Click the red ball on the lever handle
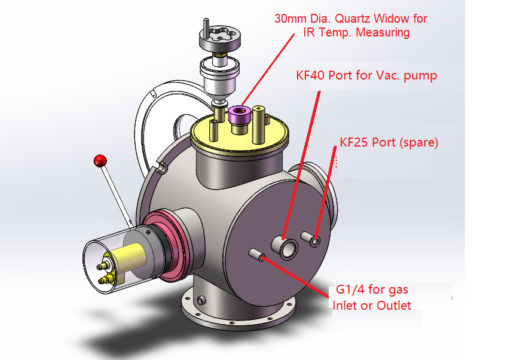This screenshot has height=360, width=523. pos(100,161)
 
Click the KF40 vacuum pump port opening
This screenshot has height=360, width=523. pos(289,248)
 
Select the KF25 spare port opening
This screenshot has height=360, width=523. pos(315,240)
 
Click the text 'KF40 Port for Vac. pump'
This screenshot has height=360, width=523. pos(366,75)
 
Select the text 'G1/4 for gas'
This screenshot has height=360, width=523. pos(372,290)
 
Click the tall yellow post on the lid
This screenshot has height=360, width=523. pos(259,123)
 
